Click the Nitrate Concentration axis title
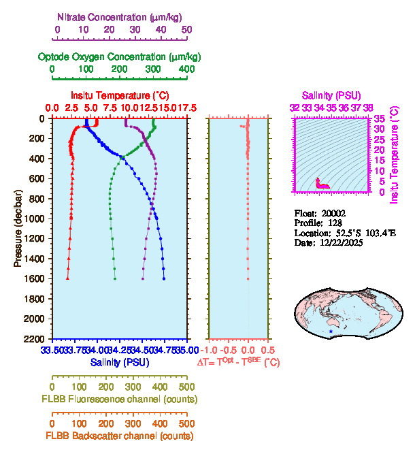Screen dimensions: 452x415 pyautogui.click(x=120, y=16)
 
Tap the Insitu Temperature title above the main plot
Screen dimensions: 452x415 pyautogui.click(x=119, y=95)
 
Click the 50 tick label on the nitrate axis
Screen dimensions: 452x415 pyautogui.click(x=186, y=30)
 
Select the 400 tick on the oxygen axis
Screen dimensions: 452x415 pyautogui.click(x=186, y=69)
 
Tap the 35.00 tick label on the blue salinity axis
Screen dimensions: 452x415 pyautogui.click(x=186, y=350)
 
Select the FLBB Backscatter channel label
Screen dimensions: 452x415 pyautogui.click(x=120, y=436)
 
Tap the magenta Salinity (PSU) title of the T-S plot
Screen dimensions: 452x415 pyautogui.click(x=331, y=95)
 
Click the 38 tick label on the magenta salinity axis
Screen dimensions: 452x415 pyautogui.click(x=368, y=108)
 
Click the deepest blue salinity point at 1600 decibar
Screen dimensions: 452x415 pyautogui.click(x=164, y=278)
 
